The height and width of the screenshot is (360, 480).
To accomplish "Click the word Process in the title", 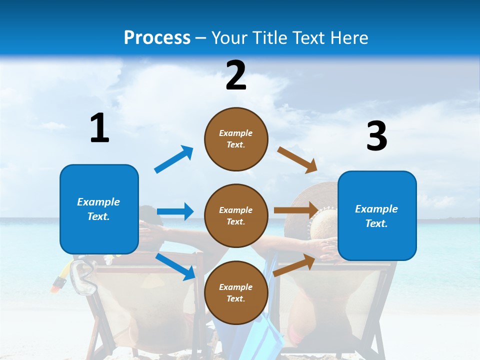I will point(157,38).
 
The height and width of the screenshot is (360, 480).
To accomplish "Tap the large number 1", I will point(99,128).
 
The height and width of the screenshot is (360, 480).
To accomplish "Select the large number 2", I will point(236,76).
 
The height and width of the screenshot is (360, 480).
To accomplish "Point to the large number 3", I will point(376,136).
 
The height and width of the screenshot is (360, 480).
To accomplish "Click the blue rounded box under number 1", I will point(99,209).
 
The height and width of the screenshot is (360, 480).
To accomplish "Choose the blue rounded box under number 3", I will point(377,215).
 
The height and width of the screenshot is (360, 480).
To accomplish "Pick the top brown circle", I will point(236,139).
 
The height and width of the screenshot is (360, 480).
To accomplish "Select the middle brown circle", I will point(236,215).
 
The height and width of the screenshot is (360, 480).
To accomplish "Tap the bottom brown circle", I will point(236,292).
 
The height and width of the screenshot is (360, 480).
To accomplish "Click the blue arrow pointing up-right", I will point(174,159).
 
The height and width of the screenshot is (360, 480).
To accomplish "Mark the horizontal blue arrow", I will point(175,211).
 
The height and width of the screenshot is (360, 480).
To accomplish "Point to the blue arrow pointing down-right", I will point(175,266).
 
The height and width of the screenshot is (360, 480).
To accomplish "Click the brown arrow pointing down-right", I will point(297,160).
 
